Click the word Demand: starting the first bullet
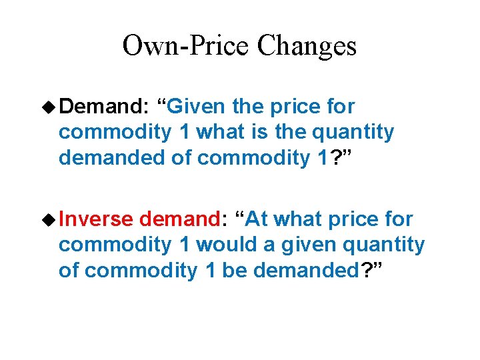tap(106, 106)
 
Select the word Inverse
tap(99, 219)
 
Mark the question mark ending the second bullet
tap(366, 271)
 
